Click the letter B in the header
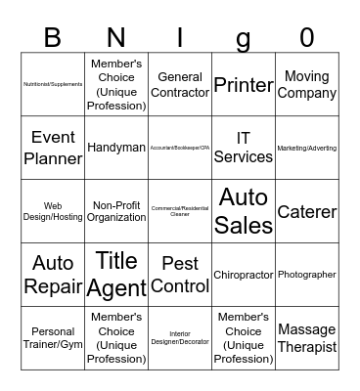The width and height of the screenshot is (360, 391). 53,38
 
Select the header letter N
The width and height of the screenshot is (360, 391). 116,38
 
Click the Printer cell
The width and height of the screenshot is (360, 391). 244,85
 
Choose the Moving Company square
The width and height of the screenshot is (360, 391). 307,85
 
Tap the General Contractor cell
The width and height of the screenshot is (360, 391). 180,85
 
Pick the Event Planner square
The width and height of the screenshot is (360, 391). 53,148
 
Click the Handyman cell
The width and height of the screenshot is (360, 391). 116,148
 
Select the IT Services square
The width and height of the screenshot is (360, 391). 244,148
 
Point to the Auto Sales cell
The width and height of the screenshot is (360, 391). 244,211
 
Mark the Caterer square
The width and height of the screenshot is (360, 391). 307,211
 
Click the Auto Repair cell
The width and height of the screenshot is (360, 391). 53,275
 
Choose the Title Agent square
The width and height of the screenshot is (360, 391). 116,275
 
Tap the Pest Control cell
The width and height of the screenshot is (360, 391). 180,275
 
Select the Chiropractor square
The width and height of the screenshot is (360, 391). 244,275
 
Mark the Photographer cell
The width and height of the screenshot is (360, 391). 307,275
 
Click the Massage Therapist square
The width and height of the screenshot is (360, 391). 307,338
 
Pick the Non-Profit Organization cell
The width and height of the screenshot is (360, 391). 116,211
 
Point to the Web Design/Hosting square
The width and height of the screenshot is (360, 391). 53,211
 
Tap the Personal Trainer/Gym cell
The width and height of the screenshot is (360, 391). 53,338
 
